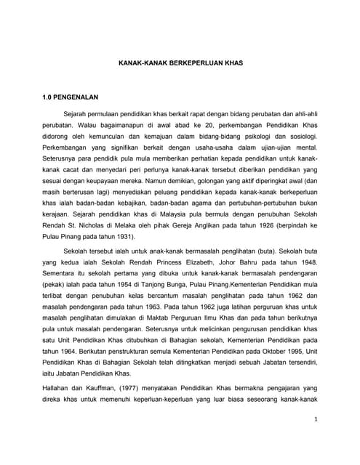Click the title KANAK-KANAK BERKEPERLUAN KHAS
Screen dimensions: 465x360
click(180, 63)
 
